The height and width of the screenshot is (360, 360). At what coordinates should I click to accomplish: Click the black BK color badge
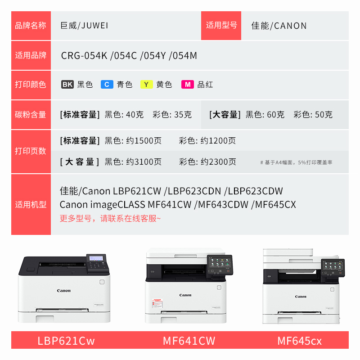coord(67,85)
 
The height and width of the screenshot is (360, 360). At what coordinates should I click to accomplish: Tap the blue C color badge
coord(107,85)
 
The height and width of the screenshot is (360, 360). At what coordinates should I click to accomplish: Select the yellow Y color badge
coord(147,85)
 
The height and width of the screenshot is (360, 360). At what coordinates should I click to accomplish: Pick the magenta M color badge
coord(188,85)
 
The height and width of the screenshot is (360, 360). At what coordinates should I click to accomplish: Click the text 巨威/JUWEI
coord(84,26)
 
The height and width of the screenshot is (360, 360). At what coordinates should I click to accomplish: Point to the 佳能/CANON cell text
coord(279,26)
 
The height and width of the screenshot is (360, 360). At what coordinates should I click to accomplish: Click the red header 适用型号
coord(221,25)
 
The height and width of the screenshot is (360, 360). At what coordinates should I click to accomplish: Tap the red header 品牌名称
coord(31,26)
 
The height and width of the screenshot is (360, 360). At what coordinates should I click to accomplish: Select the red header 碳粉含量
coord(31,114)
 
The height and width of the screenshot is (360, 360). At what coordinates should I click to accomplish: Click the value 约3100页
coord(144,162)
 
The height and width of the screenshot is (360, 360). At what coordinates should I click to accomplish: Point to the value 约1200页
coord(218,140)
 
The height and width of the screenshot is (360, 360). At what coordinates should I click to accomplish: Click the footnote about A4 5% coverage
coord(296,162)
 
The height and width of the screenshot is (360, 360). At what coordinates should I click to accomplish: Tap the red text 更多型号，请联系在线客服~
coord(110,218)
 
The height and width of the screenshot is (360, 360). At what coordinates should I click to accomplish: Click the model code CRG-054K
coord(84,55)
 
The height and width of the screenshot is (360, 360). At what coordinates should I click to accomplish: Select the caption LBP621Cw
coord(66,341)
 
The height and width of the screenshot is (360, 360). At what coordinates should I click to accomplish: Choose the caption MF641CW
coord(189,341)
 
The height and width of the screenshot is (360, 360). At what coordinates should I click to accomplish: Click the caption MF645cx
coord(300,341)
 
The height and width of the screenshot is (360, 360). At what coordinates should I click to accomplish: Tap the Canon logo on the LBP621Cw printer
coord(64,291)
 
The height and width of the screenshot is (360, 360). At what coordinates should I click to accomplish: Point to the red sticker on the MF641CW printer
coord(157,303)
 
